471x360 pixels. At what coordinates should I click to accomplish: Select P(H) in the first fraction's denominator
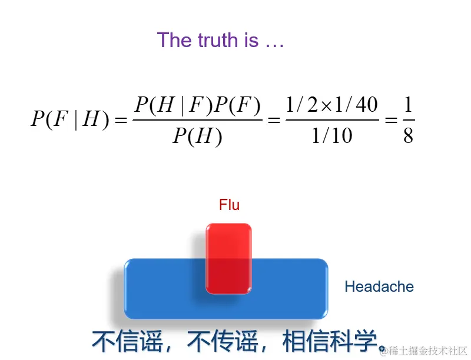click(x=197, y=136)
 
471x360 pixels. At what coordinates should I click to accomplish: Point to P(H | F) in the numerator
click(x=173, y=106)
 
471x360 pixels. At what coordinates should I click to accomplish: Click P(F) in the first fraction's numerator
click(x=237, y=106)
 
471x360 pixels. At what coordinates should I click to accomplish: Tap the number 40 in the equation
click(x=367, y=106)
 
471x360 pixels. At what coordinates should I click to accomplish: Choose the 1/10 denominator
click(x=331, y=136)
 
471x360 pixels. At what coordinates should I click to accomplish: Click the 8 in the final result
click(x=408, y=136)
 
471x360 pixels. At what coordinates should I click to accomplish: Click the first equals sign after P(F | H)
click(x=121, y=121)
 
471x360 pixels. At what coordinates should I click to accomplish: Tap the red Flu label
click(x=229, y=205)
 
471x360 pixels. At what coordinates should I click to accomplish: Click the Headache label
click(x=379, y=287)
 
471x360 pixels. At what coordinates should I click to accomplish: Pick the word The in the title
click(x=174, y=40)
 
